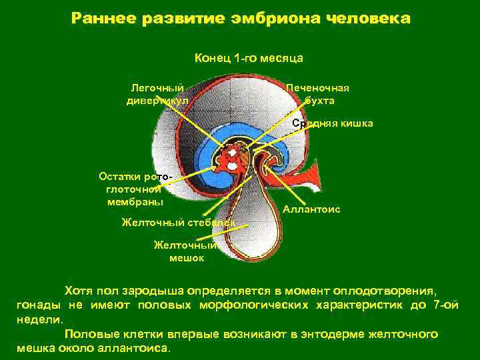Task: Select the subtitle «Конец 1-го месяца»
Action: point(249,59)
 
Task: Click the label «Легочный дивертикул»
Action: point(157,95)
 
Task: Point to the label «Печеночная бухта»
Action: point(318,95)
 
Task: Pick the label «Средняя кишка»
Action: point(333,123)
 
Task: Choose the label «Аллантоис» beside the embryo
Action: point(311,209)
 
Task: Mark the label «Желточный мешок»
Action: point(179,251)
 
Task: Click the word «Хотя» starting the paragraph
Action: point(79,291)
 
